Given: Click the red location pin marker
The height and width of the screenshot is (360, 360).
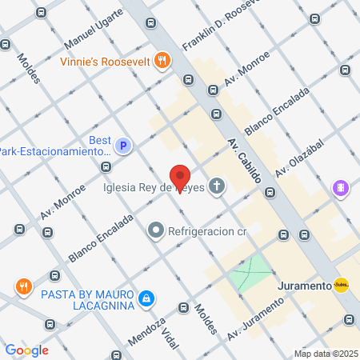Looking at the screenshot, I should click(x=181, y=177).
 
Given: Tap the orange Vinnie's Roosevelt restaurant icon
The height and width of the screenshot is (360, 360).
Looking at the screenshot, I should click(x=162, y=60).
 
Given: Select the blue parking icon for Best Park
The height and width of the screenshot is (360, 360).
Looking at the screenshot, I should click(x=122, y=146).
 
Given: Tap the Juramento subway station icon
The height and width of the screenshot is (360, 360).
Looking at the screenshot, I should click(x=342, y=285).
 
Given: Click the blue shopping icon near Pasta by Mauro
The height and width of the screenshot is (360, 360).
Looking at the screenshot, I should click(x=146, y=299).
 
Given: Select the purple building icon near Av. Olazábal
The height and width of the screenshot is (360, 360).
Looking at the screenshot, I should click(x=341, y=189).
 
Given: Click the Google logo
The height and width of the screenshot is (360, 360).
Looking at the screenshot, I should click(x=26, y=350).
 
